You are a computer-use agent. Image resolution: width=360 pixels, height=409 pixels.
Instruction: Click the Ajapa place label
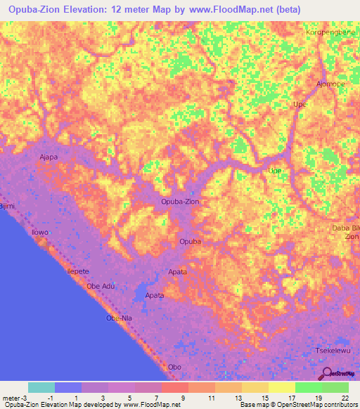[49, 157]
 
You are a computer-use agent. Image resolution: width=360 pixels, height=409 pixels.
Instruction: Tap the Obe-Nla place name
[119, 318]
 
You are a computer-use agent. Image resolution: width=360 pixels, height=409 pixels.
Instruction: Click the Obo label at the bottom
[175, 367]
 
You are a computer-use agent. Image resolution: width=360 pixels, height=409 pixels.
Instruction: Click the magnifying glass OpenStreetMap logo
[327, 373]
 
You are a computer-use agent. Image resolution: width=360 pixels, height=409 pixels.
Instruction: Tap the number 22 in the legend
[335, 397]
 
